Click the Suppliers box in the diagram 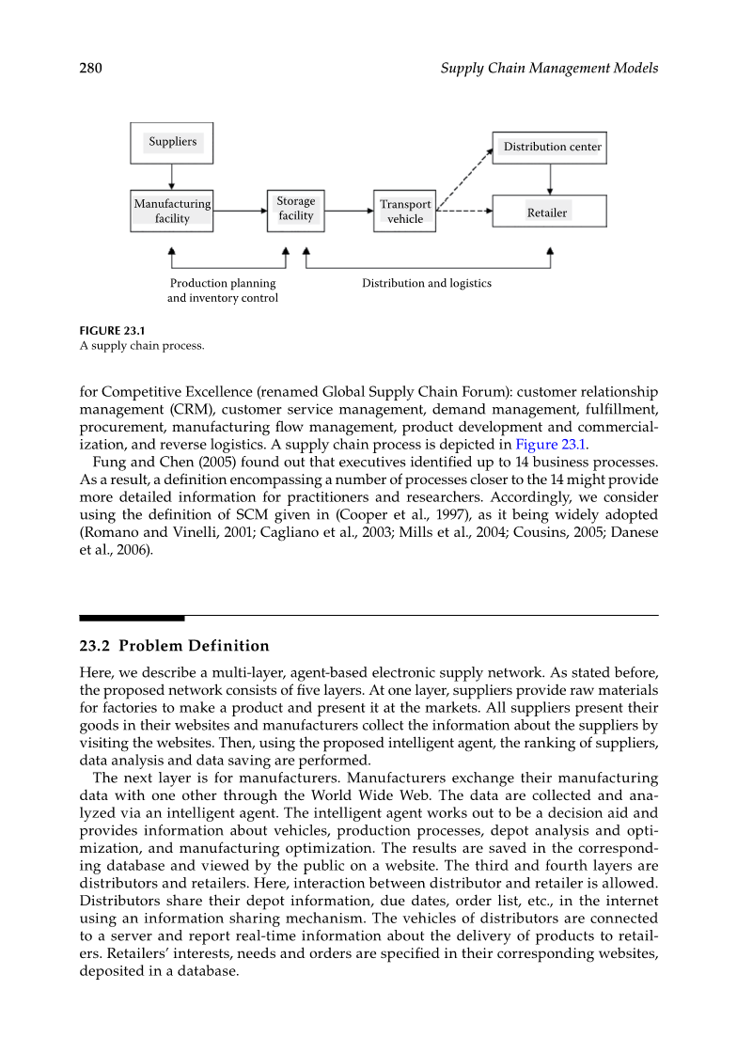[x=171, y=143]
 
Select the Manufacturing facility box [x=172, y=212]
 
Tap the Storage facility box [x=295, y=209]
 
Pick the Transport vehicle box [x=405, y=212]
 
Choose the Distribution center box [x=550, y=148]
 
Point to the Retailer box [x=550, y=212]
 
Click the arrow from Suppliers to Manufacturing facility [x=171, y=177]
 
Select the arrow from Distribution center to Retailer [x=550, y=180]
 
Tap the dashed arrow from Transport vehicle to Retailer [x=464, y=212]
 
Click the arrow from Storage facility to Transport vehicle [x=349, y=212]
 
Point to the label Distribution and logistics [x=427, y=283]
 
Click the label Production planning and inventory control [x=223, y=291]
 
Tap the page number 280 [x=91, y=69]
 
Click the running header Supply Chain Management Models [x=549, y=69]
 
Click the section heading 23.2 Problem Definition [x=174, y=646]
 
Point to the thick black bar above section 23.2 [x=132, y=618]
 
